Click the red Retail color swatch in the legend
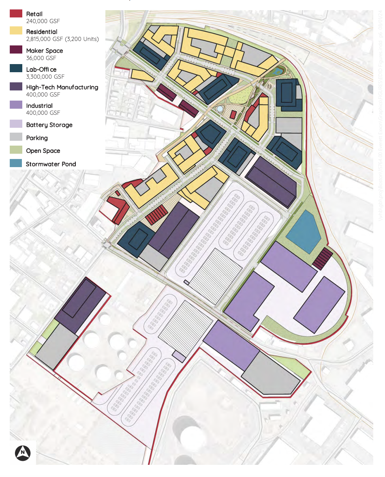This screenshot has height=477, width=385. pos(16,13)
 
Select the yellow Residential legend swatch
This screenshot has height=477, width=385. pos(16,32)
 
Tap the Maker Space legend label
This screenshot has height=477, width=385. pos(45,51)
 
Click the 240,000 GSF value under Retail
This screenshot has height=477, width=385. pos(43,21)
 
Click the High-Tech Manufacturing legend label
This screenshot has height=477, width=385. pos(62,87)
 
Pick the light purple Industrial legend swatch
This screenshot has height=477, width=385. pos(16,105)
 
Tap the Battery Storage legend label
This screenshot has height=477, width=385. pos(49,125)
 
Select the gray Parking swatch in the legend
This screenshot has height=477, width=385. pos(16,138)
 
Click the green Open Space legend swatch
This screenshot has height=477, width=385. pos(16,150)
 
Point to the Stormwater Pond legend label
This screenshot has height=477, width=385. pos(51,164)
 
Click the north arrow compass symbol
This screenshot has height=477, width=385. pos(24,452)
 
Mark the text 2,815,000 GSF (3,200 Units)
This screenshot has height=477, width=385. pos(62,39)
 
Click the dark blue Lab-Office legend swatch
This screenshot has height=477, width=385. pos(16,68)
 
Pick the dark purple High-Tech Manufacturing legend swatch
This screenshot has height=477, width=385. pos(16,86)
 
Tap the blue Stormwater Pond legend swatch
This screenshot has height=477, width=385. pos(16,163)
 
